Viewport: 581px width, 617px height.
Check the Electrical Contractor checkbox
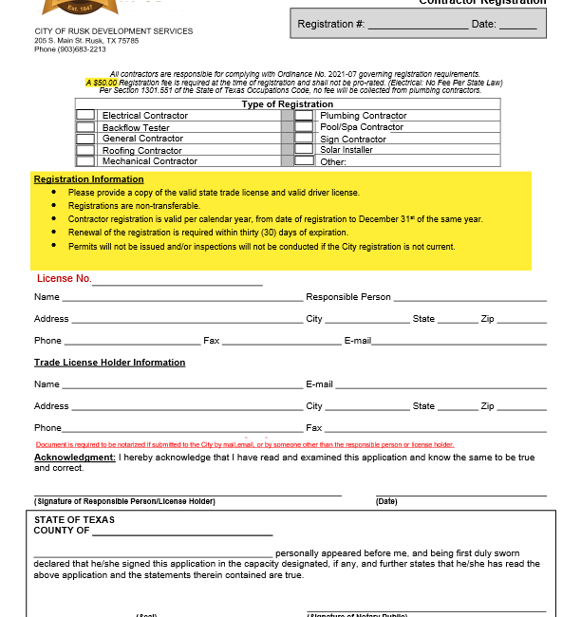[85, 115]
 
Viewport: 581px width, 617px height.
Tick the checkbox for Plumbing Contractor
[304, 115]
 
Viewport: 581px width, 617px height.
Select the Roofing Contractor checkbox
[85, 150]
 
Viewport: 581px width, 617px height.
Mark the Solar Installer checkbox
[304, 149]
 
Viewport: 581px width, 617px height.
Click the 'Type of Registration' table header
[287, 104]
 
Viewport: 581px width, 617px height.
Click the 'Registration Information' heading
[89, 178]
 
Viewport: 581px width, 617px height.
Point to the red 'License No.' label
[65, 278]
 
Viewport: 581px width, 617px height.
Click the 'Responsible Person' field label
[348, 296]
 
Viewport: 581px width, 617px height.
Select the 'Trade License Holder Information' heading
[110, 362]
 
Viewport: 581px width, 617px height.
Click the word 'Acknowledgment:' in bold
[75, 458]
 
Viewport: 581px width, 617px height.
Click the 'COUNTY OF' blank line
[181, 533]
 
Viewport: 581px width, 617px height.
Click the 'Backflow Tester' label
[136, 127]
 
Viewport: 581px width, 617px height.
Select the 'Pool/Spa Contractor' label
[362, 127]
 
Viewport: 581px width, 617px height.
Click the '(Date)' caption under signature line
[386, 501]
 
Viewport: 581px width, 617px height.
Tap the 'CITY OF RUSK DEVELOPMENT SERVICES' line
[113, 31]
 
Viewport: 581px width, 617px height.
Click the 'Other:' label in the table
[333, 161]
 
